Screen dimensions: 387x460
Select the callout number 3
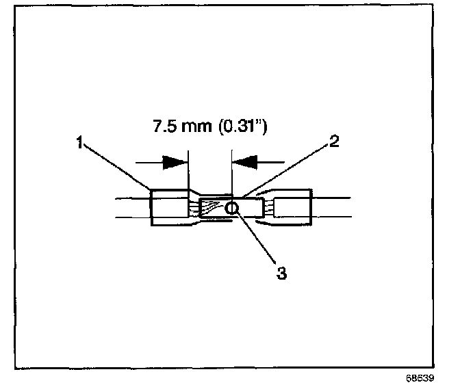(281, 273)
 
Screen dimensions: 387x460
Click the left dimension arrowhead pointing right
(175, 162)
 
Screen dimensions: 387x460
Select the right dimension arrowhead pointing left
(245, 162)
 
